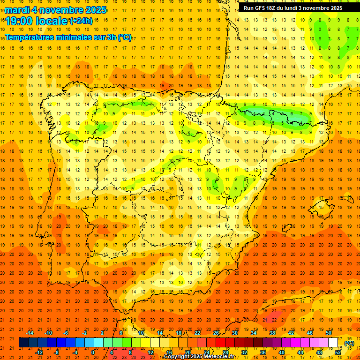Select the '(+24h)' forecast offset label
[x=81, y=21]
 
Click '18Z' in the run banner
[x=276, y=8]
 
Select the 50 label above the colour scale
[x=329, y=332]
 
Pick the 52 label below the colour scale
[x=338, y=352]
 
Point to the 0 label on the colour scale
[x=93, y=352]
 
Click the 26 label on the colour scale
[x=216, y=332]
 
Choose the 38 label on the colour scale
[x=272, y=332]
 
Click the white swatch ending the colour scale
[x=333, y=343]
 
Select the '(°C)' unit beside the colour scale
[x=349, y=343]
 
